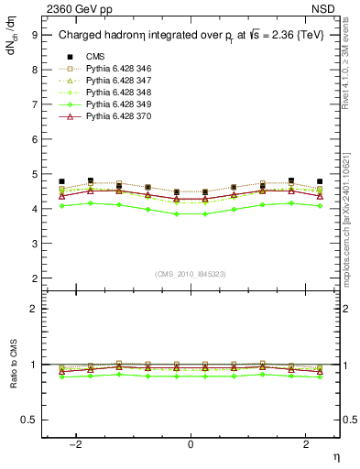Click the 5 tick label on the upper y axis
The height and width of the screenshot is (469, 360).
tap(34, 174)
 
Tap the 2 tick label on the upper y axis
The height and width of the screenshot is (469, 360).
tap(34, 278)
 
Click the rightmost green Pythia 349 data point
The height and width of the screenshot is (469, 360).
tap(320, 232)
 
